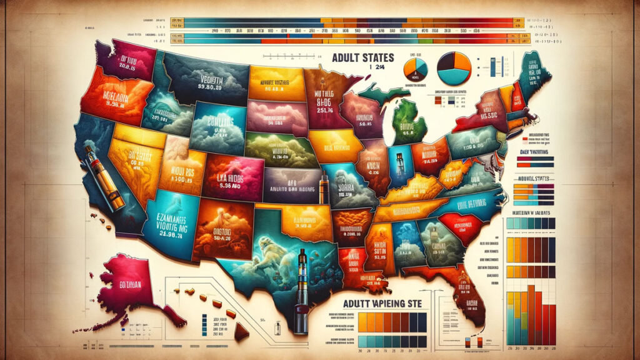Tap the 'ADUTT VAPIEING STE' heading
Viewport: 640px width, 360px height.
379,303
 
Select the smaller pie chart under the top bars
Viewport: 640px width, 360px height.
415,67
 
